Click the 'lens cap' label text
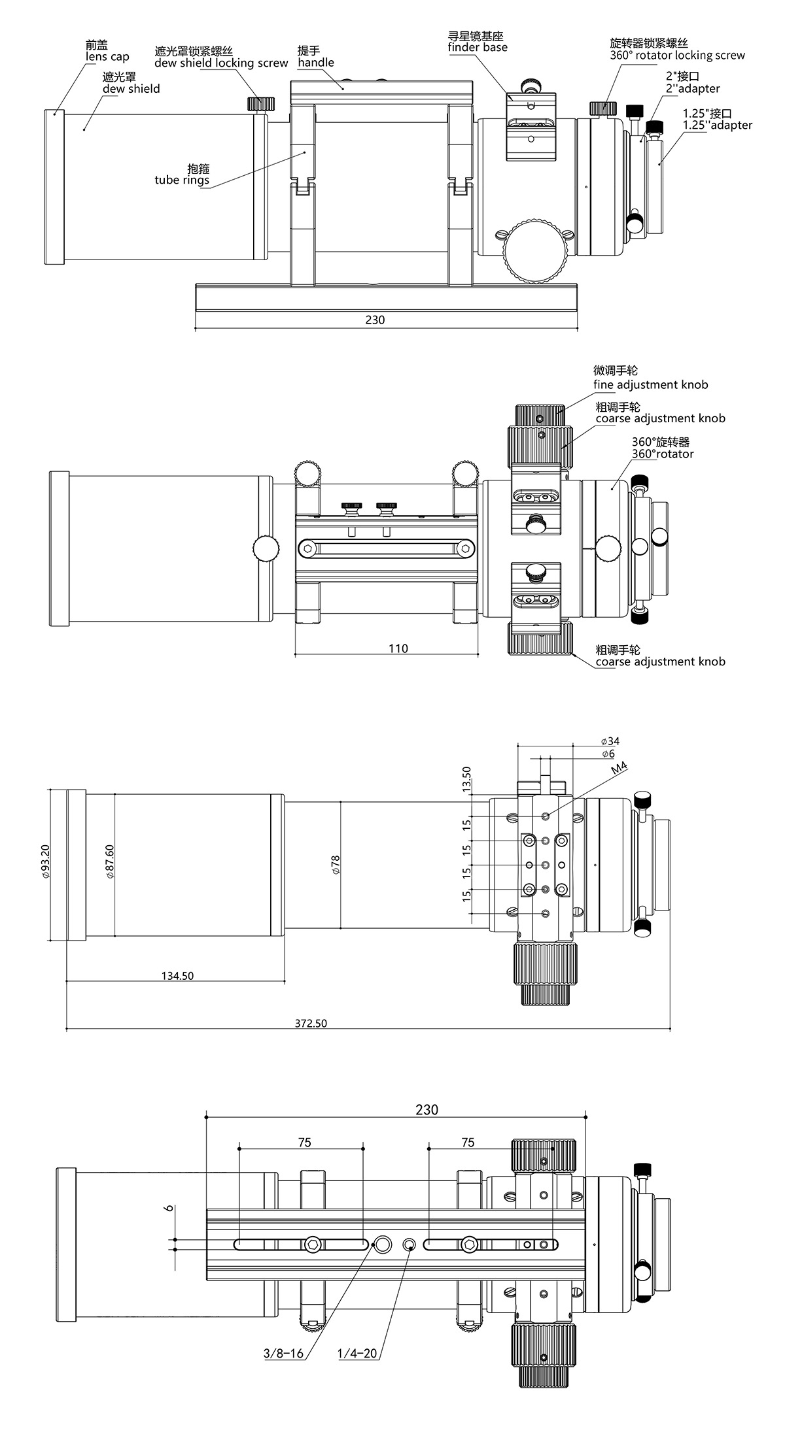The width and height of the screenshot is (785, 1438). (107, 57)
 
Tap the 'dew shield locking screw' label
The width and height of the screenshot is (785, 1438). (221, 63)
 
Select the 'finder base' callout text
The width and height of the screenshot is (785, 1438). (478, 47)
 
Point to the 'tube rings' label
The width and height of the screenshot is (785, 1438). (182, 180)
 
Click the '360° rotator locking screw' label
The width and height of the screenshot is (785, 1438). (677, 56)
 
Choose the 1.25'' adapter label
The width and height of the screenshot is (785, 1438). (717, 125)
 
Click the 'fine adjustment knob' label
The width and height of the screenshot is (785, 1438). (650, 385)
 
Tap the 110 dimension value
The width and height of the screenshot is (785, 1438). (398, 648)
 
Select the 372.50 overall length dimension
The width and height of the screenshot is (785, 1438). (311, 1024)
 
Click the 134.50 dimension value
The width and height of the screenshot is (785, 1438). (177, 976)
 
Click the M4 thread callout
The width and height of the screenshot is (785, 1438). (618, 769)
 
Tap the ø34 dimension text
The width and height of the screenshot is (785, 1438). (610, 741)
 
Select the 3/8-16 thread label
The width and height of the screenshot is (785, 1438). (283, 1353)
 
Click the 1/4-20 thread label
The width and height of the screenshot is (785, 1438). (357, 1353)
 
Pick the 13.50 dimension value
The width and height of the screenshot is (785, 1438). (466, 780)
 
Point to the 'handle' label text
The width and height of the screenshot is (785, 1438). (315, 63)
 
